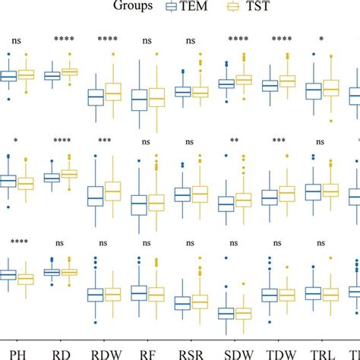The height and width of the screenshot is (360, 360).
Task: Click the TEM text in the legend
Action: point(197,7)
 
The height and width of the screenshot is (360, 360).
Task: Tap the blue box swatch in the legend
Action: point(171,7)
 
